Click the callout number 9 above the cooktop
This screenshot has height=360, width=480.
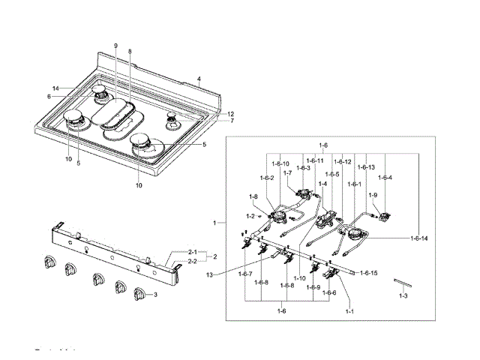[116, 46]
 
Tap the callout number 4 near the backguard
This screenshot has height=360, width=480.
[199, 79]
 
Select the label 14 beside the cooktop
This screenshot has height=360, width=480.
[55, 88]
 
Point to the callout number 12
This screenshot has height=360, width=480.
[231, 114]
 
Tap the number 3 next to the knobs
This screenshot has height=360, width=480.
[155, 295]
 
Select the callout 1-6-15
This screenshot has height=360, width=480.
[368, 273]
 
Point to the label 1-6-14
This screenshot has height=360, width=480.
[419, 238]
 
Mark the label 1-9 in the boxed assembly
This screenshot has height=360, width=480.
[373, 195]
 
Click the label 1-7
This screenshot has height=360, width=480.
[287, 173]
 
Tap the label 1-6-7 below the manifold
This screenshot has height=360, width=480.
[245, 274]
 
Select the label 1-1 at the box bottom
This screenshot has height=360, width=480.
[349, 310]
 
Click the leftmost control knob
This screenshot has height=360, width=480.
[51, 262]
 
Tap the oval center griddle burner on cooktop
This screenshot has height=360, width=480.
[121, 118]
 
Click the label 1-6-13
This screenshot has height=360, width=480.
[367, 167]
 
